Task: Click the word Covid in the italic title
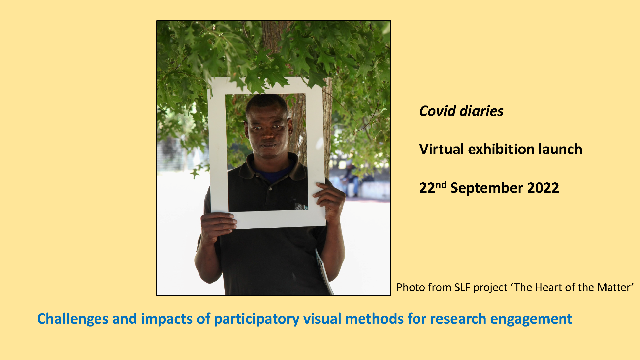(437, 111)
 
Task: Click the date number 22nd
(433, 187)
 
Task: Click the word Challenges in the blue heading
(73, 319)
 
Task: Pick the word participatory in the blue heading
(257, 319)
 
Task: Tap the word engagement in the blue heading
(531, 319)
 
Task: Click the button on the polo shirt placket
(271, 189)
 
